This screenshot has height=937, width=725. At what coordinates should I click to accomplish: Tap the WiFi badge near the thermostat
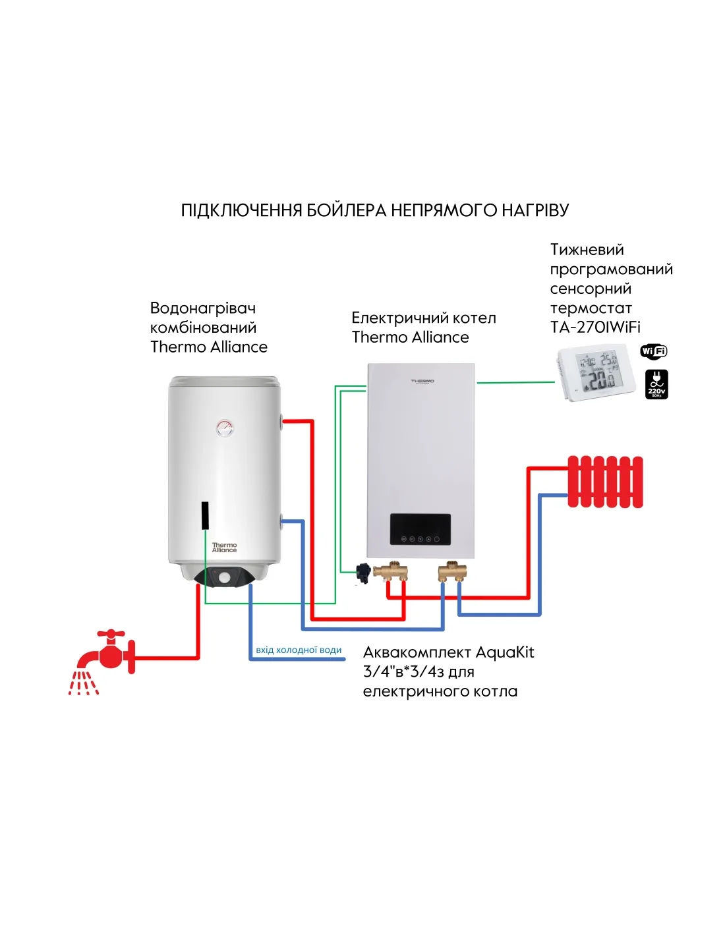[653, 351]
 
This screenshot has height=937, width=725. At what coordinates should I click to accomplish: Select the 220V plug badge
[656, 384]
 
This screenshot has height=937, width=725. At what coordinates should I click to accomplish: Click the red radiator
[605, 482]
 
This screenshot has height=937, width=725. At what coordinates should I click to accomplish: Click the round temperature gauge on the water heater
[225, 428]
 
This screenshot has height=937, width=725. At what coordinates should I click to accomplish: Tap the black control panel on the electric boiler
[420, 530]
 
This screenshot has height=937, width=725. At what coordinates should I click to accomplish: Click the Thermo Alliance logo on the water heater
[224, 548]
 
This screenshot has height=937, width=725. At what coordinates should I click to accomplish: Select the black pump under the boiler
[362, 573]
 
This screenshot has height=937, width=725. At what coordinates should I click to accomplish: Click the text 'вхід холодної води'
[299, 650]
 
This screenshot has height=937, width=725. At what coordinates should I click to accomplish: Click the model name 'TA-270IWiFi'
[595, 327]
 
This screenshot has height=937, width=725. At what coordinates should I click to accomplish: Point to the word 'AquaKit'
[504, 652]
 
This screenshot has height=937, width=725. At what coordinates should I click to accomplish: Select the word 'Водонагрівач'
[203, 308]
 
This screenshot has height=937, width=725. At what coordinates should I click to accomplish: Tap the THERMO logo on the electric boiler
[422, 382]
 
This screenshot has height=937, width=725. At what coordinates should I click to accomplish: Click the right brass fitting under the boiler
[452, 571]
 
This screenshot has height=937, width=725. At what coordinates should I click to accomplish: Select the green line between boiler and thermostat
[515, 382]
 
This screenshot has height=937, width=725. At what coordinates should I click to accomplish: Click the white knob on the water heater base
[225, 578]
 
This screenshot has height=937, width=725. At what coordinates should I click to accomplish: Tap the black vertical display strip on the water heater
[205, 515]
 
